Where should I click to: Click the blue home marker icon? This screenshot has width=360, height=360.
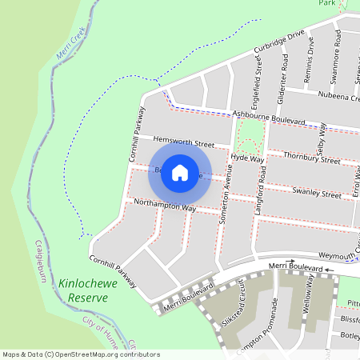coord(180,173)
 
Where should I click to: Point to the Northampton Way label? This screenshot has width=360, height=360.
coord(165,205)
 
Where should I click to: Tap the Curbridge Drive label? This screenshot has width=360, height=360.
coord(280,43)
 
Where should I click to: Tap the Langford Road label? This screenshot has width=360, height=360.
coord(260,181)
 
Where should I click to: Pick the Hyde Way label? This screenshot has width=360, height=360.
coord(246,158)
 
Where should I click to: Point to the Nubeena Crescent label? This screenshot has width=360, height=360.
coord(339,97)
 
